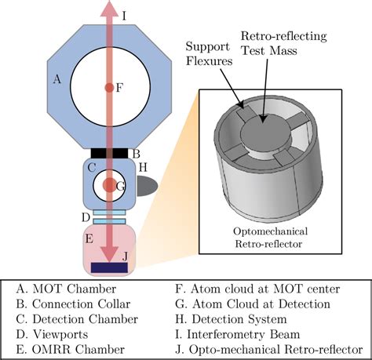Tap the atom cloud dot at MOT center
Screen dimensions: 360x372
109,88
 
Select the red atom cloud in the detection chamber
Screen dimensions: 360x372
109,187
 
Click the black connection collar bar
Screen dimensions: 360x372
109,152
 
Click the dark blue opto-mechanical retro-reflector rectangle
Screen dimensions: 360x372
109,268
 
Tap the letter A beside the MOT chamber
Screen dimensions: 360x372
56,80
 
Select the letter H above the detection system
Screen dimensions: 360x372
142,167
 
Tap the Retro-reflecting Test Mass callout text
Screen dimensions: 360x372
283,43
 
